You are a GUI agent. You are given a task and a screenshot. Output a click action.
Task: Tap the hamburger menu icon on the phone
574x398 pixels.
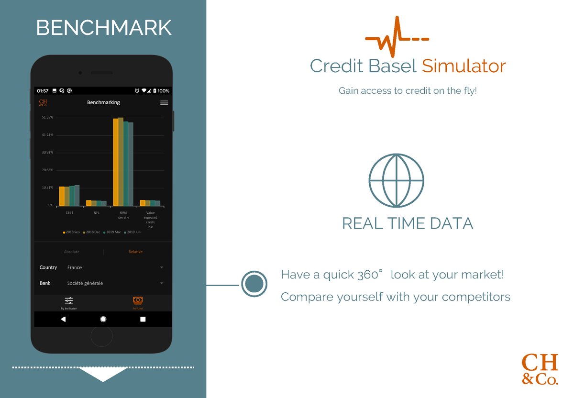(164, 103)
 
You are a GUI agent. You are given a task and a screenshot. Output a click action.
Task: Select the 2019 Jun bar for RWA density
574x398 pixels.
(131, 164)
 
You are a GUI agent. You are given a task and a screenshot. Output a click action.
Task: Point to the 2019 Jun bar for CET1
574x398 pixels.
(77, 195)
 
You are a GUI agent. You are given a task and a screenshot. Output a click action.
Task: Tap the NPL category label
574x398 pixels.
(97, 213)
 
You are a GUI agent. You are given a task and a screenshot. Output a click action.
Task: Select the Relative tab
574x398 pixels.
(135, 252)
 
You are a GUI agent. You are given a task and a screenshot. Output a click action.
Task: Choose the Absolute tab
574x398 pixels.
(72, 252)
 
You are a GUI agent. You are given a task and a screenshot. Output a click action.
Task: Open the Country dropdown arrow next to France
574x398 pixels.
(162, 267)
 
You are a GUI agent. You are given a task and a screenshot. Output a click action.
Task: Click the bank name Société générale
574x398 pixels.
(85, 283)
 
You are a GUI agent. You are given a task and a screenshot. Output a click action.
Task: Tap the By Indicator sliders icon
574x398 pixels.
(69, 300)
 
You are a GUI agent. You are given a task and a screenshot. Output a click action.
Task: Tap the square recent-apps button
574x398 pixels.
(143, 319)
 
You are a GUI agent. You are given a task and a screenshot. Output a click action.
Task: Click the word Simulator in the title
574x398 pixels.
(464, 66)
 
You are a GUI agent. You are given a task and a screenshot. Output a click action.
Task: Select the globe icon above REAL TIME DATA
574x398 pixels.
(396, 180)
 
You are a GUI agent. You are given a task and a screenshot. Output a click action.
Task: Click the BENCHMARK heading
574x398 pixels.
(104, 28)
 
